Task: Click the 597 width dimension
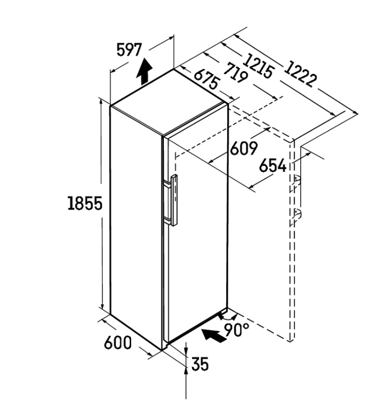click(x=129, y=50)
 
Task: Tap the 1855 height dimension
click(x=85, y=203)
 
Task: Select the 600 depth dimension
click(x=118, y=343)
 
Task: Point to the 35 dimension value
click(x=200, y=364)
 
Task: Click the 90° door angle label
click(x=237, y=330)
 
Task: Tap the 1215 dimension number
click(x=258, y=66)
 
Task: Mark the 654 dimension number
click(x=272, y=165)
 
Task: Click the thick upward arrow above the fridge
click(x=144, y=71)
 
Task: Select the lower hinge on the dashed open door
click(x=297, y=214)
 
